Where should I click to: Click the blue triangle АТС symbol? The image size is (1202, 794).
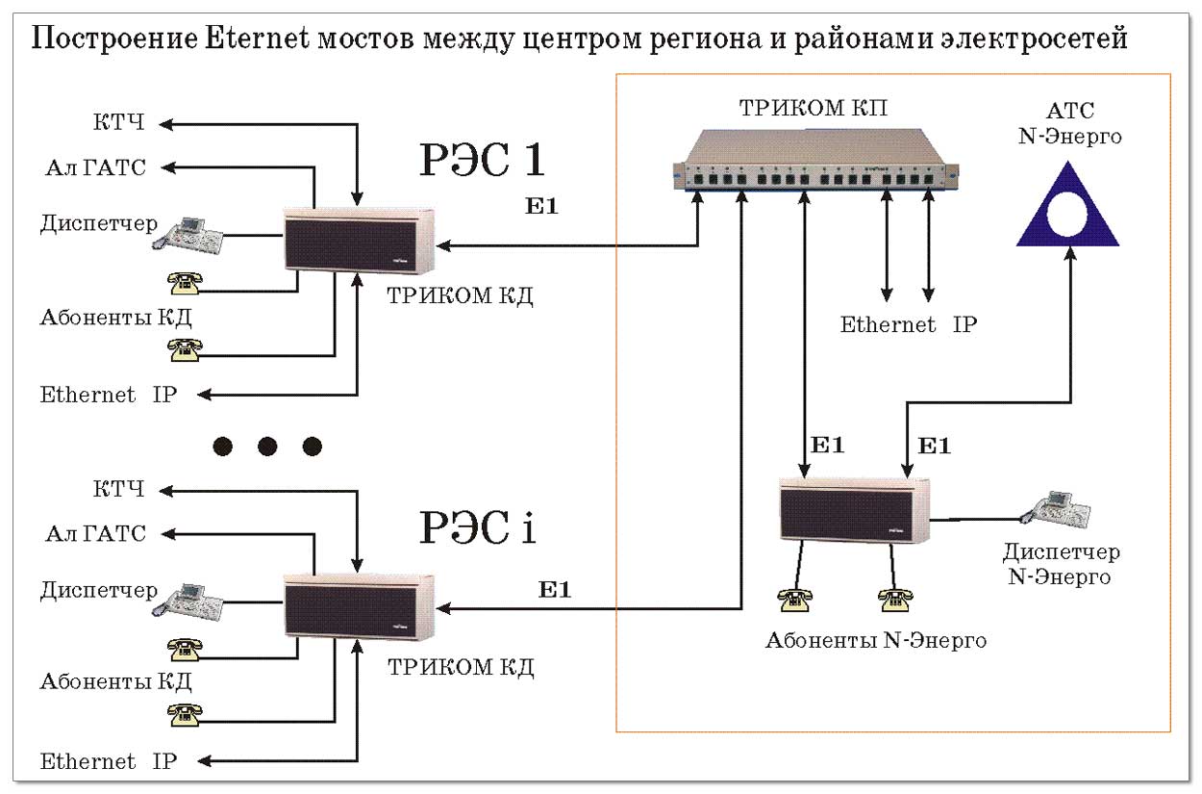tap(1067, 212)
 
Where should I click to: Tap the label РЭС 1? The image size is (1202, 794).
tap(483, 160)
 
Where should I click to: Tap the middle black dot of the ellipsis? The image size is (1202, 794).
tap(267, 447)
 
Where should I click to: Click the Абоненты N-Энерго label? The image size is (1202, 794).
tap(875, 640)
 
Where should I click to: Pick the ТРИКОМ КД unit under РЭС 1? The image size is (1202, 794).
tap(360, 240)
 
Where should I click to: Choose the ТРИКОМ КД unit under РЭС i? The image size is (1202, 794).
tap(360, 606)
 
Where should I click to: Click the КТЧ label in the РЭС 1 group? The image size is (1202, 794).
tap(119, 123)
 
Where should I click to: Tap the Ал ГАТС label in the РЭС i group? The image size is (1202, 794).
tap(95, 533)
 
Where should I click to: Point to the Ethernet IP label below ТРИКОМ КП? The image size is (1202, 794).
tap(908, 324)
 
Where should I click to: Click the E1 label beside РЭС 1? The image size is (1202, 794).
tap(541, 206)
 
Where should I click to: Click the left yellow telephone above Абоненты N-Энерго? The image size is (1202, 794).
tap(795, 599)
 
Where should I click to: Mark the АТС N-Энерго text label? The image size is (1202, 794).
tap(1069, 123)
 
